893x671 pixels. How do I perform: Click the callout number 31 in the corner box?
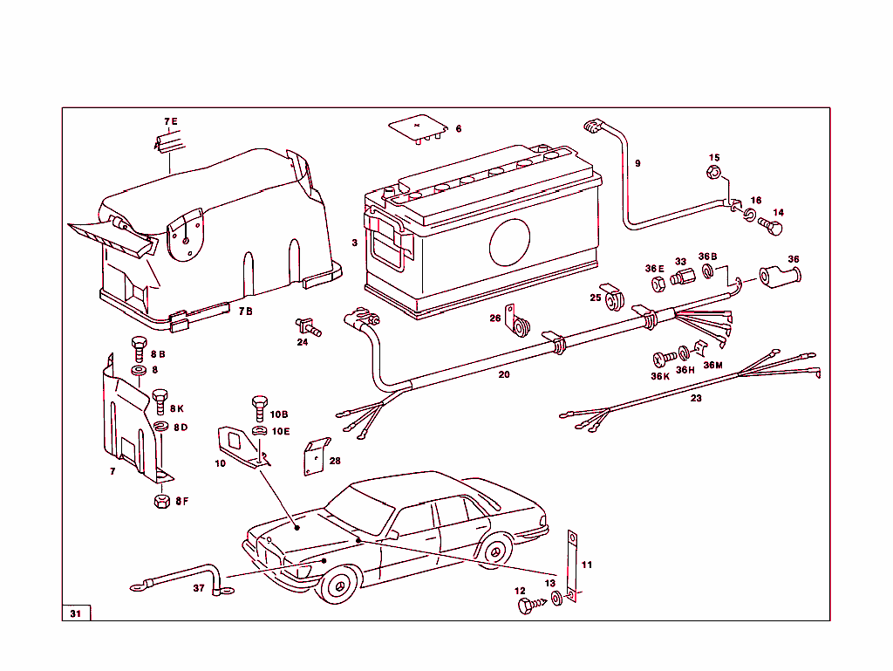click(x=75, y=613)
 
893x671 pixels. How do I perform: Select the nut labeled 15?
click(x=714, y=172)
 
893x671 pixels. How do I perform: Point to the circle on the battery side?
click(x=509, y=242)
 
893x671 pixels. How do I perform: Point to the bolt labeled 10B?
click(x=259, y=407)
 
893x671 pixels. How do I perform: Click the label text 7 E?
click(x=169, y=120)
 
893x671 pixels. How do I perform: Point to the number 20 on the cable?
click(x=503, y=375)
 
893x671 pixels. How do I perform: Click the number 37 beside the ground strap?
click(x=198, y=588)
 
